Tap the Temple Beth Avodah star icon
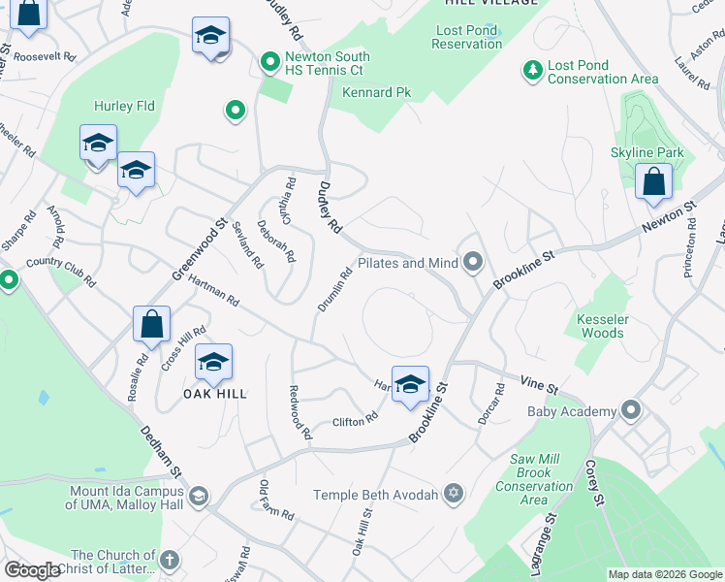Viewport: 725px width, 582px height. click(453, 495)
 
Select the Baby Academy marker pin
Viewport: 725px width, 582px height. click(632, 411)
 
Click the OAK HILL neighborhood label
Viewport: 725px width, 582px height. click(215, 394)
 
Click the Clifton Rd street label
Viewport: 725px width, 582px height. click(355, 420)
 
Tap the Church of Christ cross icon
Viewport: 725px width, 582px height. click(169, 561)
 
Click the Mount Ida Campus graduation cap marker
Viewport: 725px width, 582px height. click(198, 497)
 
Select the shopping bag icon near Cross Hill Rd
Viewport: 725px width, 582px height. click(152, 325)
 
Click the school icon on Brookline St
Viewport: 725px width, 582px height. click(410, 384)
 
